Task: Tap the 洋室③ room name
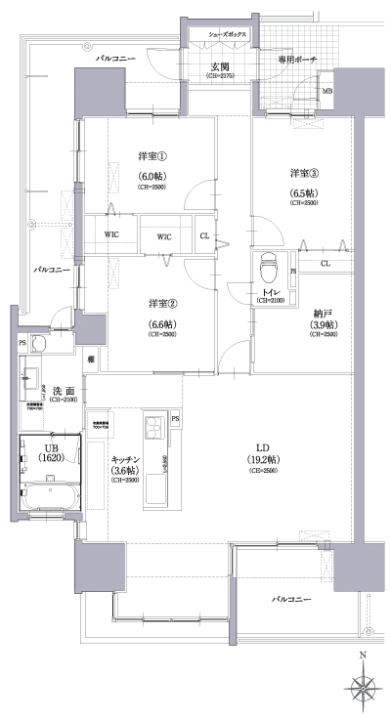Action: tap(301, 173)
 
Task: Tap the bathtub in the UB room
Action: tap(47, 496)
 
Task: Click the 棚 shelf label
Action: tap(90, 360)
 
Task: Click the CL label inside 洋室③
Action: tap(324, 264)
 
